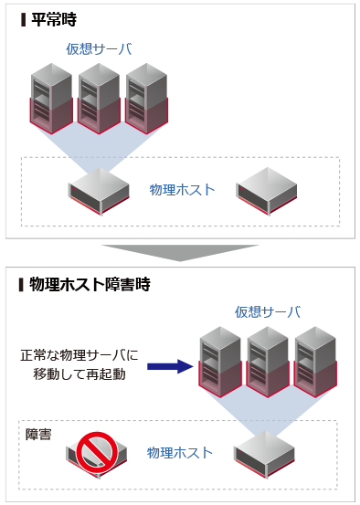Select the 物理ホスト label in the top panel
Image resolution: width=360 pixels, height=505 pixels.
click(182, 190)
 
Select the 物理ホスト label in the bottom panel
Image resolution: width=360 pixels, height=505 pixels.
click(179, 452)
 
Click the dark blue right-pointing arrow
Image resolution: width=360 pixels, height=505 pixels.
click(170, 367)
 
